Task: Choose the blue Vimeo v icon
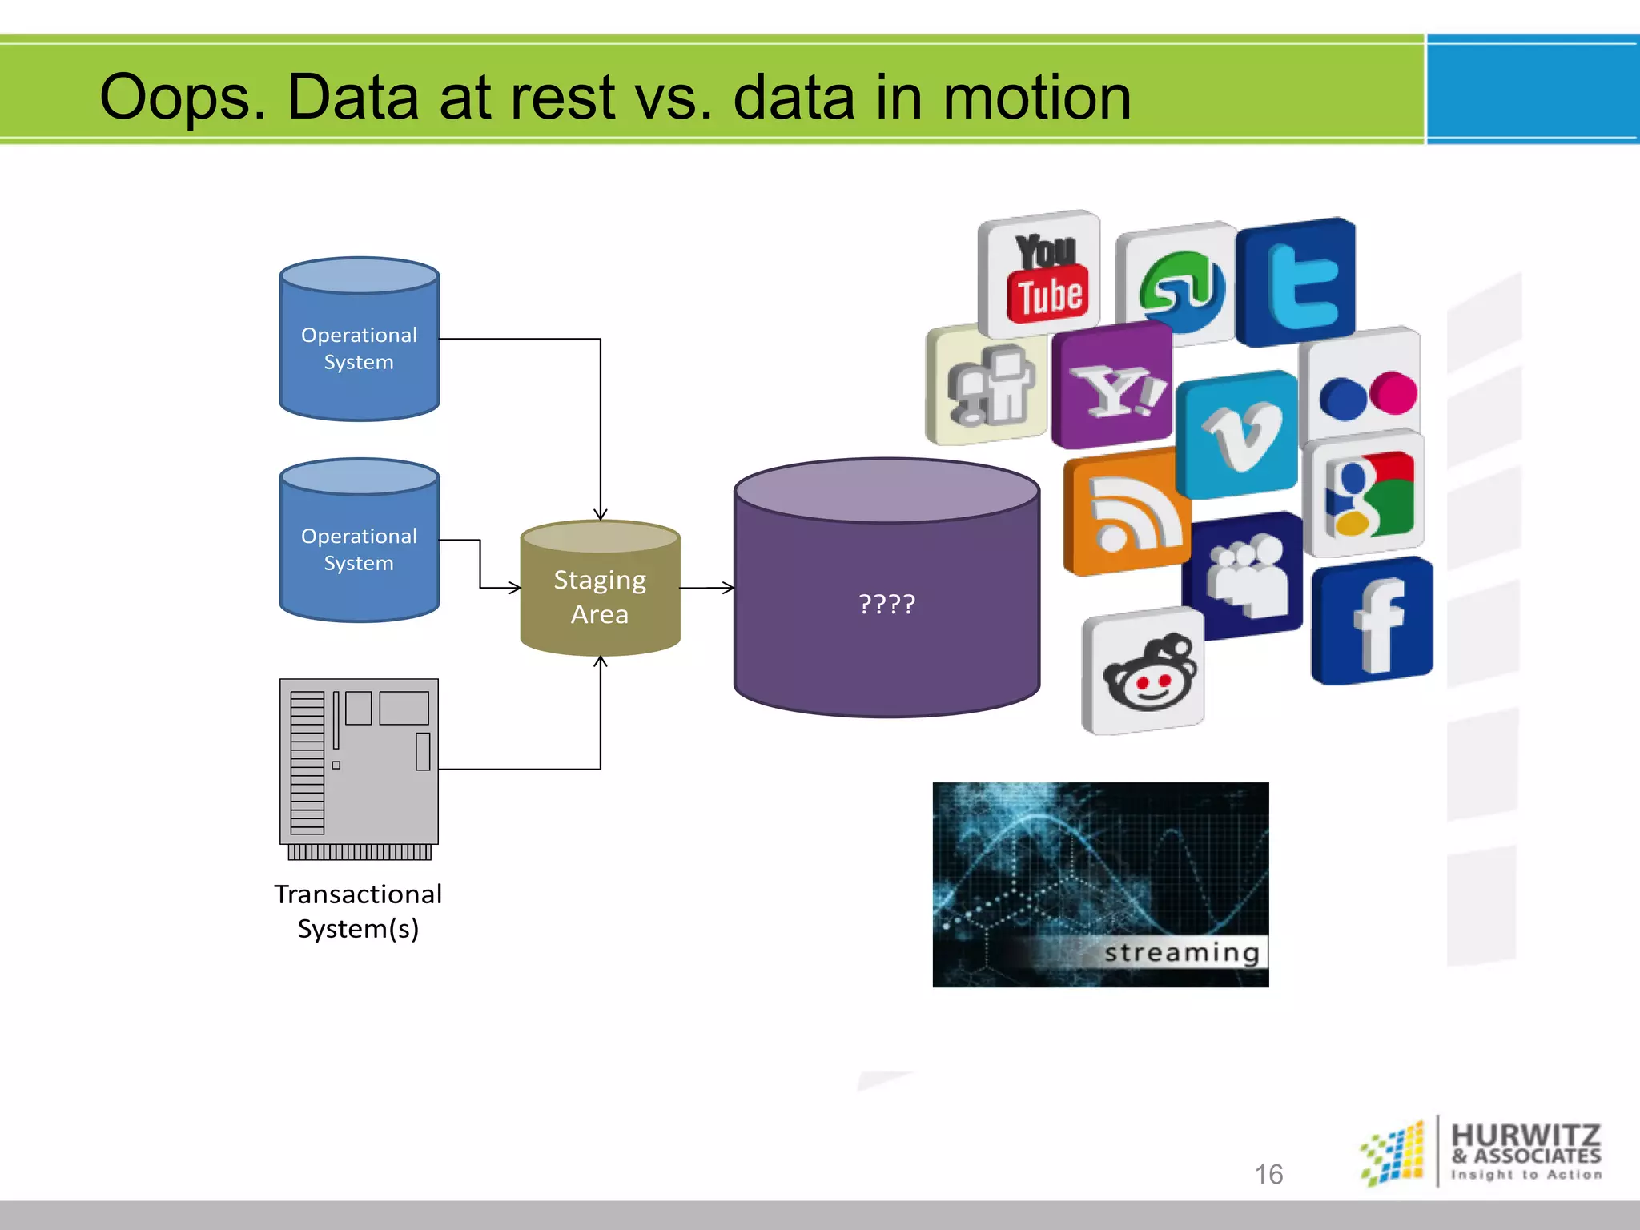[x=1238, y=435]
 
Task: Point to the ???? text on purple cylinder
[x=886, y=604]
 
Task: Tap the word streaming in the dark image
[x=1181, y=953]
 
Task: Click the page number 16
[x=1268, y=1174]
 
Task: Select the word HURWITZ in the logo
[x=1525, y=1135]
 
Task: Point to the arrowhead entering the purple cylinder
[x=728, y=588]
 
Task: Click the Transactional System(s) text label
[x=358, y=911]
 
